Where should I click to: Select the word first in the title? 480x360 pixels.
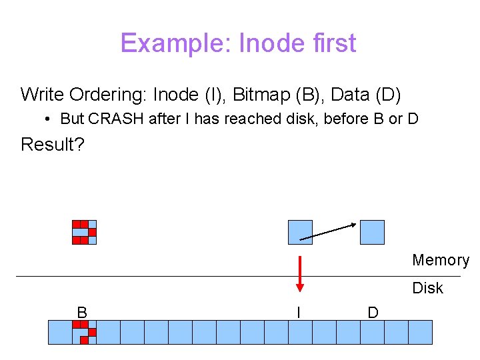click(x=335, y=44)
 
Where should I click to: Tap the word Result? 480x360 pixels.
click(x=53, y=144)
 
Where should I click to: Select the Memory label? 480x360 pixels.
click(x=440, y=260)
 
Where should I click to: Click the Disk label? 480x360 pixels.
click(x=427, y=288)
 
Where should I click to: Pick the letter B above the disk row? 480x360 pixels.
click(x=82, y=312)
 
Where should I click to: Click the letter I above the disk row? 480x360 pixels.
click(x=299, y=312)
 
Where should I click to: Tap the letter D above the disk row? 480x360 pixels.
click(x=373, y=312)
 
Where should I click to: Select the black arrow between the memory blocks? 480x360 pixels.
click(x=328, y=231)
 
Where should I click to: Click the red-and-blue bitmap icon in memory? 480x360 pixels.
click(x=85, y=232)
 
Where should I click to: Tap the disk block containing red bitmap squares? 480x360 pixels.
click(x=84, y=332)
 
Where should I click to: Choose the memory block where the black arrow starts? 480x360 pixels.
click(x=300, y=232)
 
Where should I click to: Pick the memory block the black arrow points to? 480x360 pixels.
click(x=372, y=232)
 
